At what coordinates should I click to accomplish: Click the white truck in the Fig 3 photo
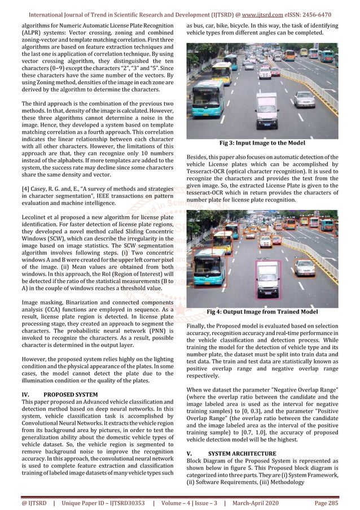[267, 110]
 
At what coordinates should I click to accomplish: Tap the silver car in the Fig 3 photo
[305, 99]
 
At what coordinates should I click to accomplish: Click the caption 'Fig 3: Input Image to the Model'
[262, 143]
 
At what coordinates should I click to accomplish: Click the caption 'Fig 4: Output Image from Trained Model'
[262, 312]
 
